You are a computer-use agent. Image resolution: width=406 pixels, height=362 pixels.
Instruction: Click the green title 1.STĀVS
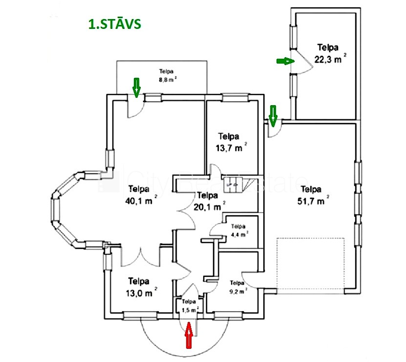(x=114, y=24)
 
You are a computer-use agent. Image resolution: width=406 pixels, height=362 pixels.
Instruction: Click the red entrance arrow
(x=189, y=337)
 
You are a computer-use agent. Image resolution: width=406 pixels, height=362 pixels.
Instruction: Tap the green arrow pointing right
(x=285, y=61)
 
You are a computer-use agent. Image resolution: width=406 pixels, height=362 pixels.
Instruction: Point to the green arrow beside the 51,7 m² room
(x=273, y=114)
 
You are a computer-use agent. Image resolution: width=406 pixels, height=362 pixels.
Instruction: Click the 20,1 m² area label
(x=210, y=201)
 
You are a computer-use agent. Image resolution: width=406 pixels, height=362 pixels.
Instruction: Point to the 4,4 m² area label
(x=239, y=230)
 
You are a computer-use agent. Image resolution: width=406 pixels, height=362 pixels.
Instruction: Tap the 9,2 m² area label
(x=237, y=286)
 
